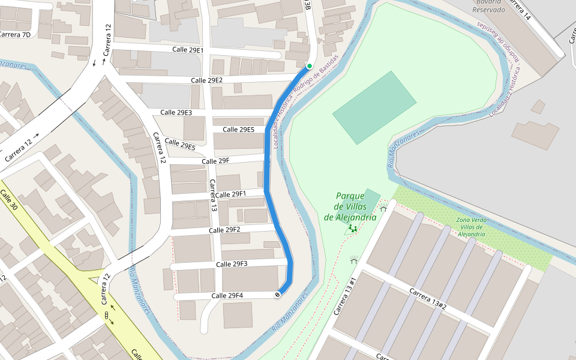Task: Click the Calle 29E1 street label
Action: (x=188, y=50)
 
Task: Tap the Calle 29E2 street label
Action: (x=207, y=80)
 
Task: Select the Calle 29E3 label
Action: (x=176, y=113)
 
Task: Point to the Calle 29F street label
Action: (x=216, y=161)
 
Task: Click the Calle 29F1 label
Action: (x=231, y=194)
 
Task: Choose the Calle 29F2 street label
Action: (x=224, y=230)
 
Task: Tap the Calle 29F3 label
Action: (x=232, y=264)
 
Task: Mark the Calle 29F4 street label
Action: (x=227, y=296)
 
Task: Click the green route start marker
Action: (x=310, y=65)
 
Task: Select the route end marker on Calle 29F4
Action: (x=278, y=295)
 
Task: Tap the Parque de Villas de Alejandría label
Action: (x=350, y=206)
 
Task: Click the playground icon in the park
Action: (x=353, y=229)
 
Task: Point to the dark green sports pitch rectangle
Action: (x=374, y=108)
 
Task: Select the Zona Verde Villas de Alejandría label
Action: (x=471, y=227)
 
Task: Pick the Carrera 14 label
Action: (x=520, y=9)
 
